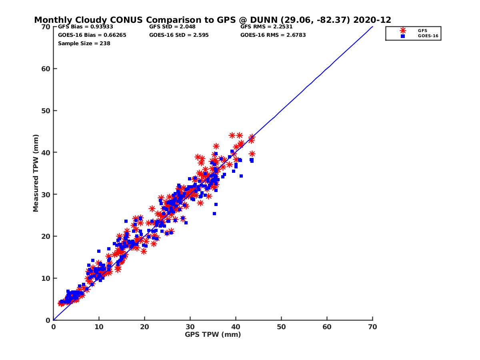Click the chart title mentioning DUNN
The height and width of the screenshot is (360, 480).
pos(212,20)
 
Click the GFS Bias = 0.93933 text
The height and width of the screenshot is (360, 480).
pos(86,27)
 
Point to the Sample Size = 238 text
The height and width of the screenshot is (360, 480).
pos(84,43)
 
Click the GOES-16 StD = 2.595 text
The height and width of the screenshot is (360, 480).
pos(179,35)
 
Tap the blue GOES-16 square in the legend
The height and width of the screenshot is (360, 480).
pos(403,36)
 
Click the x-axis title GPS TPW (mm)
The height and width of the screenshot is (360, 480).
pos(213,334)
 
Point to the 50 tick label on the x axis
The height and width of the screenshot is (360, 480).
pos(281,327)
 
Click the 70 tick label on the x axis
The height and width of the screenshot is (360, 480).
pos(372,327)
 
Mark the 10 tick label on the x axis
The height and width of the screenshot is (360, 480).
pos(99,327)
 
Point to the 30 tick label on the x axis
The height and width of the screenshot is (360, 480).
pos(190,327)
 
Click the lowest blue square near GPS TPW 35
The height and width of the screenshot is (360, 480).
pos(214,214)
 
